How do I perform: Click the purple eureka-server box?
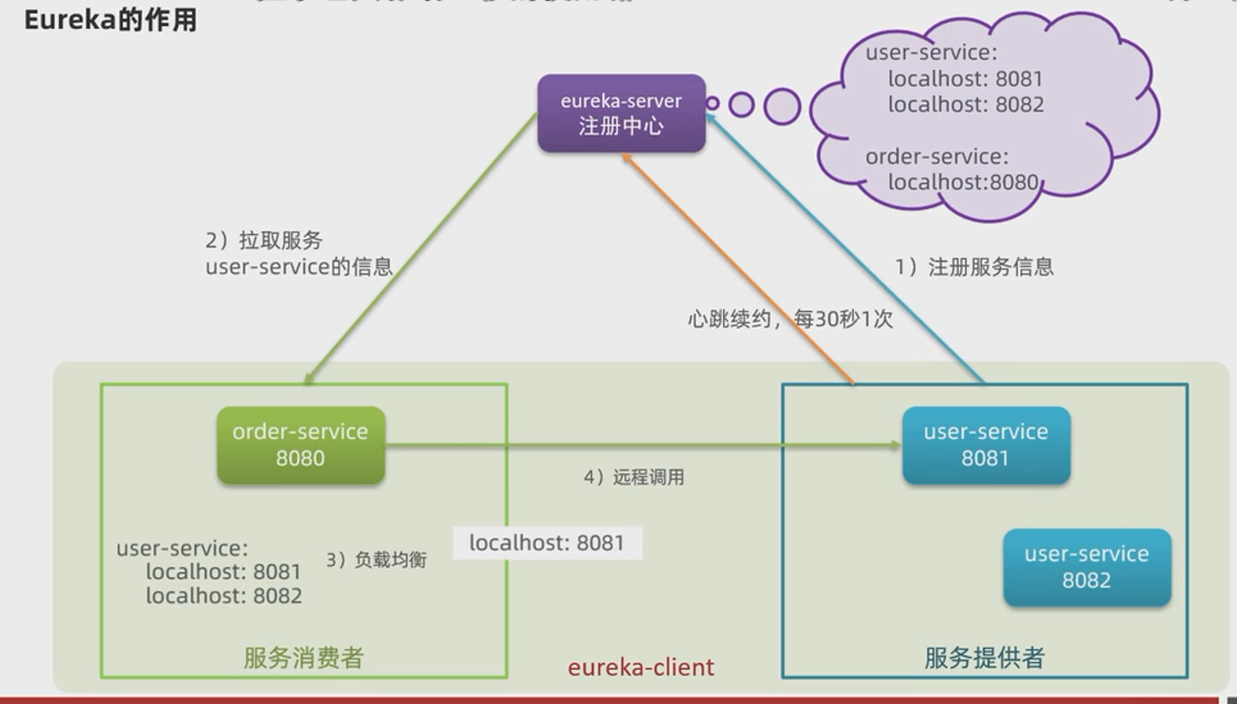tap(621, 114)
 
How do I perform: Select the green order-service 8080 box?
tap(301, 445)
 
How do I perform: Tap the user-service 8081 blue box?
tap(986, 445)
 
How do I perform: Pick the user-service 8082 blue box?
tap(1087, 567)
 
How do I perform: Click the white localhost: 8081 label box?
tap(547, 543)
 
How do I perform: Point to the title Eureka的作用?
tap(111, 20)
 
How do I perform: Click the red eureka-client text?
tap(641, 667)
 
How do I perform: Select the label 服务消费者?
tap(303, 658)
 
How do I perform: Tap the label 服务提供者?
tap(985, 658)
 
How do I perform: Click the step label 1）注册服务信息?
tap(975, 267)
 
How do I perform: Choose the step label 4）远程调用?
tap(634, 478)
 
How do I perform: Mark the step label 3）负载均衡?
tap(376, 560)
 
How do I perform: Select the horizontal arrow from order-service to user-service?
tap(641, 445)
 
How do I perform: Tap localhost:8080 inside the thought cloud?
tap(963, 182)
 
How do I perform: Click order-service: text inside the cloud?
tap(937, 156)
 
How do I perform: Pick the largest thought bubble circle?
tap(781, 107)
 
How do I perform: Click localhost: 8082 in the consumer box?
tap(224, 596)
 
